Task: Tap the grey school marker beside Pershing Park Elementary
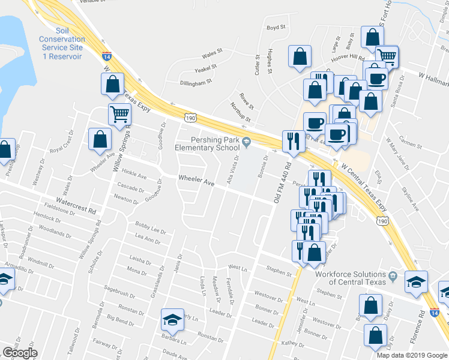click(246, 143)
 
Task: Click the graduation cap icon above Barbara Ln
click(172, 319)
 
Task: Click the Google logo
click(20, 353)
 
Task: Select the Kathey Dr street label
click(293, 344)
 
